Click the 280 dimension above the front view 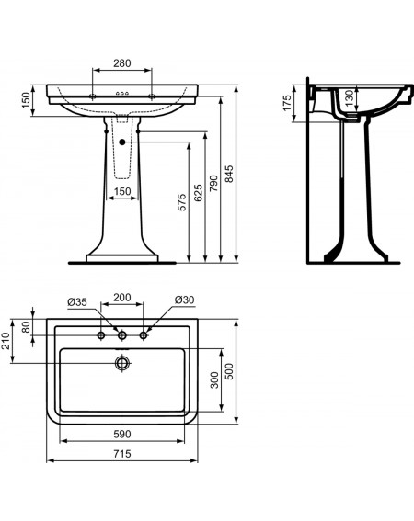(x=122, y=63)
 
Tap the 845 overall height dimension (x=229, y=174)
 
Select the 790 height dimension (x=213, y=183)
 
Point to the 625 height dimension (x=198, y=193)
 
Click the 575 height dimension (x=182, y=202)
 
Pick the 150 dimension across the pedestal (x=122, y=191)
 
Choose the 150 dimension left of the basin (x=26, y=100)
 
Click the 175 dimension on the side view (x=287, y=103)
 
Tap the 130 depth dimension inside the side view (x=349, y=98)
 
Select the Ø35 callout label (x=77, y=302)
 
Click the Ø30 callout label (x=184, y=300)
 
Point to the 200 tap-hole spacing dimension (x=122, y=298)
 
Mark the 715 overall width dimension (x=122, y=454)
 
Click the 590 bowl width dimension (x=122, y=434)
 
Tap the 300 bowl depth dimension (x=214, y=380)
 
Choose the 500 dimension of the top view (x=230, y=371)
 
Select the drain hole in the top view (x=122, y=363)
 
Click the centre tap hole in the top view (x=122, y=335)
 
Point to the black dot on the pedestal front (x=121, y=142)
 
